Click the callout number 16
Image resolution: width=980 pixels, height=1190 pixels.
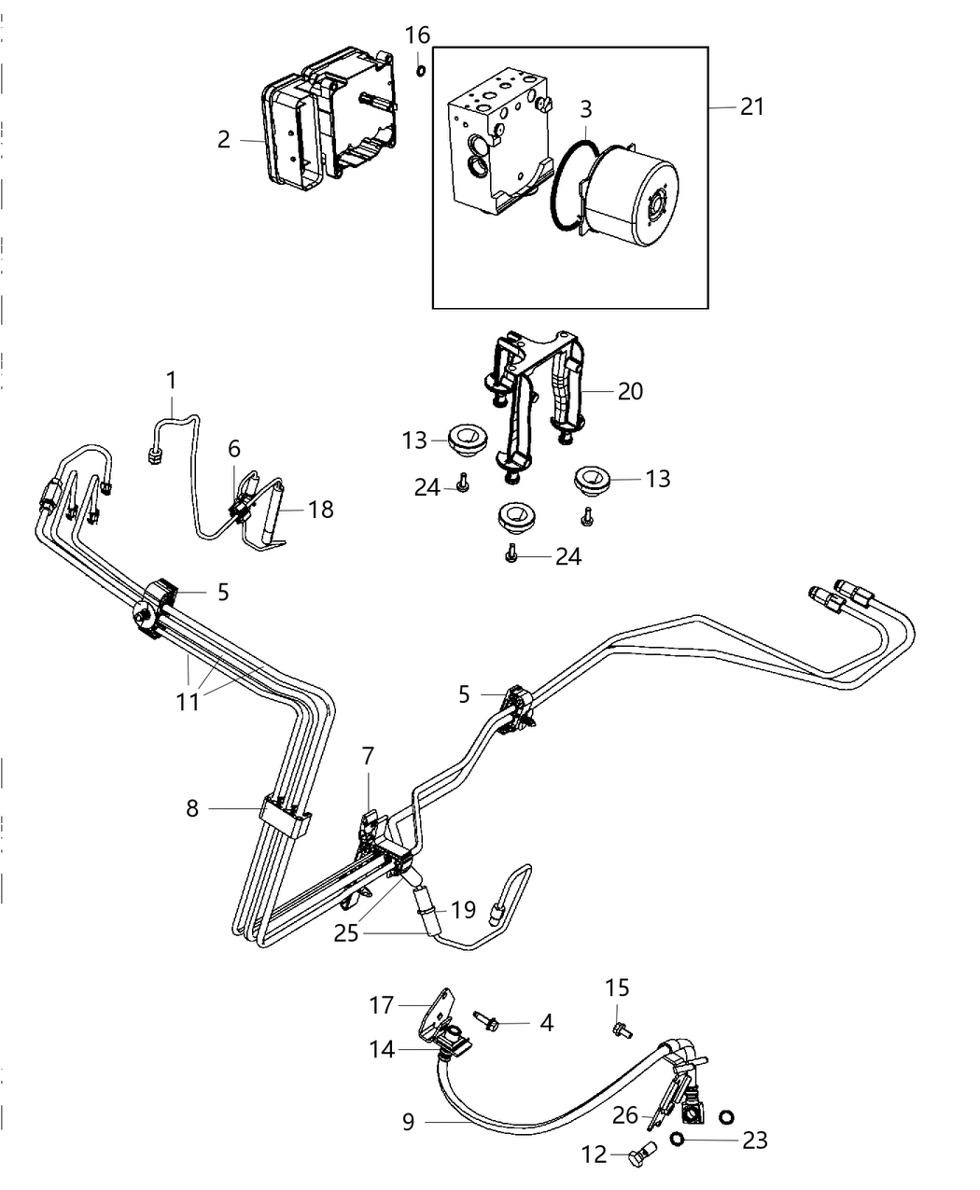pyautogui.click(x=417, y=35)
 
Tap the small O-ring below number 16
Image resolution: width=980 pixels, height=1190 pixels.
pyautogui.click(x=421, y=71)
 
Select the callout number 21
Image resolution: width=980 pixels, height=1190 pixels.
pyautogui.click(x=751, y=107)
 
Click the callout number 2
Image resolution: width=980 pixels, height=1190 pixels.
pyautogui.click(x=223, y=140)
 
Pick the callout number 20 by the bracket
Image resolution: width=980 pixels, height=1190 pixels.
pyautogui.click(x=630, y=390)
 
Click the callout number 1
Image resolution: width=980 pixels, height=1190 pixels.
pyautogui.click(x=171, y=381)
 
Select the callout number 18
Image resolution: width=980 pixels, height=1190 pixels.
pyautogui.click(x=320, y=510)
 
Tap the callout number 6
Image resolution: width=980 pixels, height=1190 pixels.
pyautogui.click(x=234, y=449)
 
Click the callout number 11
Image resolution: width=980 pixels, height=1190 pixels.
pyautogui.click(x=189, y=700)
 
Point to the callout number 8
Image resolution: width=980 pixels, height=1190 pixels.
pyautogui.click(x=192, y=807)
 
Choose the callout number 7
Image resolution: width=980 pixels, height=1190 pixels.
pyautogui.click(x=368, y=757)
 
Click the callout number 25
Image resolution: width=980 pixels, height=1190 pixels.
pyautogui.click(x=346, y=932)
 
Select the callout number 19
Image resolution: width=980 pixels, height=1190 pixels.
pyautogui.click(x=464, y=909)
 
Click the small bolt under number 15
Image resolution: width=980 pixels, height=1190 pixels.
pyautogui.click(x=619, y=1029)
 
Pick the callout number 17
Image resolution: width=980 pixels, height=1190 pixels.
pyautogui.click(x=383, y=1005)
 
